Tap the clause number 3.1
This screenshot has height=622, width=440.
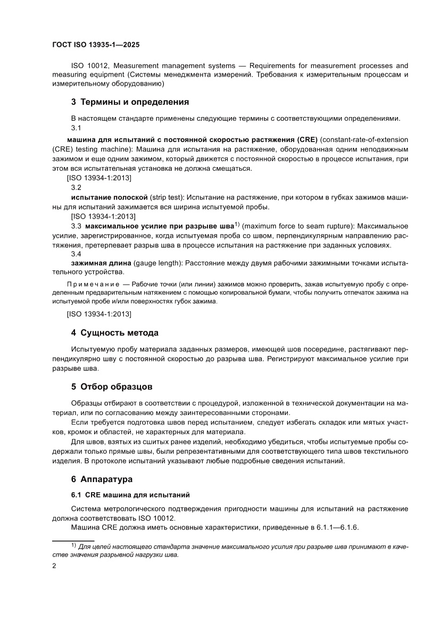(76, 128)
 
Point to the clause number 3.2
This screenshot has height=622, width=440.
(76, 187)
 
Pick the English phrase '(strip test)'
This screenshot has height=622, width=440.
(169, 197)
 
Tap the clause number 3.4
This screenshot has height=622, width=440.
(76, 254)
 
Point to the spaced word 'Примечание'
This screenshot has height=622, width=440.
(93, 284)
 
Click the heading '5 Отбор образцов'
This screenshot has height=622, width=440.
(112, 386)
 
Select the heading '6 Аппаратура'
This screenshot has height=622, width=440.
(102, 479)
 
